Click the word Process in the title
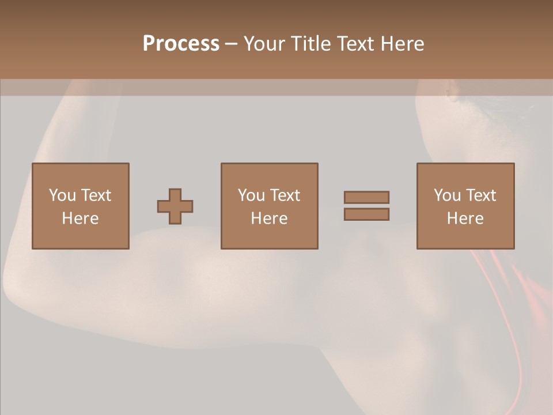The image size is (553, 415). pyautogui.click(x=181, y=44)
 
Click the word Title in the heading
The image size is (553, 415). pyautogui.click(x=312, y=44)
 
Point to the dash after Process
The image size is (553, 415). pyautogui.click(x=231, y=44)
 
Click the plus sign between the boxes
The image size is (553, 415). pyautogui.click(x=175, y=206)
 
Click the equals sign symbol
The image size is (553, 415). pyautogui.click(x=366, y=206)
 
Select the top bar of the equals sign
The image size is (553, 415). pyautogui.click(x=366, y=197)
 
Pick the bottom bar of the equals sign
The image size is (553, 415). pyautogui.click(x=366, y=214)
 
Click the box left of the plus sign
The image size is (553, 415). pyautogui.click(x=81, y=206)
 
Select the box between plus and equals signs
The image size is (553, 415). pyautogui.click(x=269, y=206)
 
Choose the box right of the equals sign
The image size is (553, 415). pyautogui.click(x=465, y=206)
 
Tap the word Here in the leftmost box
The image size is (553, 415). pyautogui.click(x=80, y=218)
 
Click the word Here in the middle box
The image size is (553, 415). pyautogui.click(x=269, y=218)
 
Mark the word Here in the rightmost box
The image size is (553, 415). pyautogui.click(x=465, y=218)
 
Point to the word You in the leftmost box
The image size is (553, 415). pyautogui.click(x=62, y=195)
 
